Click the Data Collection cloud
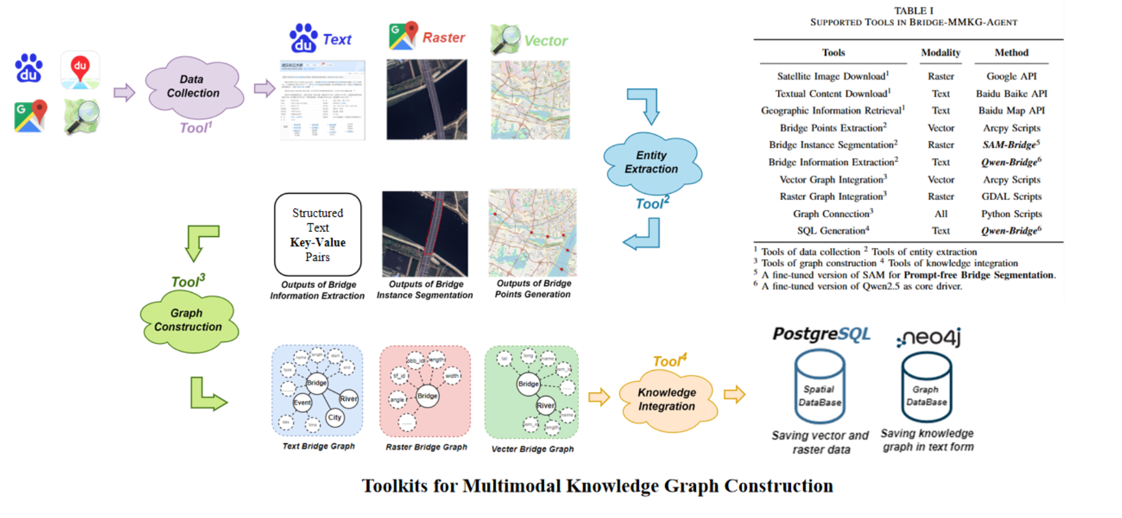[x=192, y=87]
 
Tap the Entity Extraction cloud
[x=652, y=162]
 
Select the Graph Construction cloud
[x=187, y=320]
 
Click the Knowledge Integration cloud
[x=667, y=400]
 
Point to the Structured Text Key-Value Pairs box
[x=317, y=234]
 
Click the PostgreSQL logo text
[x=821, y=334]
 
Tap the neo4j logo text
[x=928, y=337]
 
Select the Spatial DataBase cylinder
[x=819, y=387]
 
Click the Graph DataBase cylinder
[x=926, y=388]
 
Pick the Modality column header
[x=940, y=53]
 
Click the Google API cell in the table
[x=1011, y=76]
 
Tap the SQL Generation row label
[x=833, y=231]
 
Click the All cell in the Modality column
[x=941, y=214]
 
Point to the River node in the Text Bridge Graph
[x=348, y=398]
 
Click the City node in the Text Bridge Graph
[x=335, y=417]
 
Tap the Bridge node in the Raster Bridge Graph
[x=427, y=396]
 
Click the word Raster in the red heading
[x=443, y=38]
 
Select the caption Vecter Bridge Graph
[x=532, y=449]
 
